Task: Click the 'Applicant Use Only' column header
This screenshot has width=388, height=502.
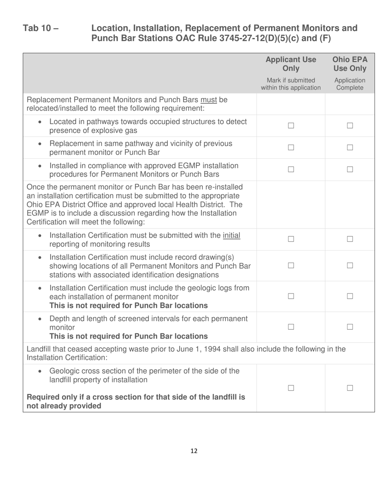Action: click(x=291, y=64)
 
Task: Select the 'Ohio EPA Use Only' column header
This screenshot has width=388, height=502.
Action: click(x=350, y=64)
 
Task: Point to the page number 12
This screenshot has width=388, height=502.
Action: click(x=194, y=451)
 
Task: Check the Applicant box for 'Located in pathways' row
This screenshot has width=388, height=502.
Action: click(x=291, y=126)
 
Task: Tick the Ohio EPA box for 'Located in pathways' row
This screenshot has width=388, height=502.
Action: click(x=350, y=126)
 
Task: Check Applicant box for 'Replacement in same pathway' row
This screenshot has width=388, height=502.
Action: click(x=291, y=148)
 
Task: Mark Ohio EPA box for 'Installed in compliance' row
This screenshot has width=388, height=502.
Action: click(x=350, y=169)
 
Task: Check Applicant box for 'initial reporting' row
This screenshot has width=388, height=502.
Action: click(x=291, y=240)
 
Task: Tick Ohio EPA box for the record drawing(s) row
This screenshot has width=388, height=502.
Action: click(x=350, y=265)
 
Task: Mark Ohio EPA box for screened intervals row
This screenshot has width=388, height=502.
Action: click(x=350, y=327)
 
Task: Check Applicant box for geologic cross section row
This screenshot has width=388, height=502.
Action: click(x=291, y=388)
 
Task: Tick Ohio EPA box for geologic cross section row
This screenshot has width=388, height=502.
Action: click(x=350, y=388)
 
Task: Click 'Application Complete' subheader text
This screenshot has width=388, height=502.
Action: click(x=350, y=84)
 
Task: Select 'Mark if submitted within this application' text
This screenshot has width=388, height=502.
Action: click(x=291, y=84)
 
